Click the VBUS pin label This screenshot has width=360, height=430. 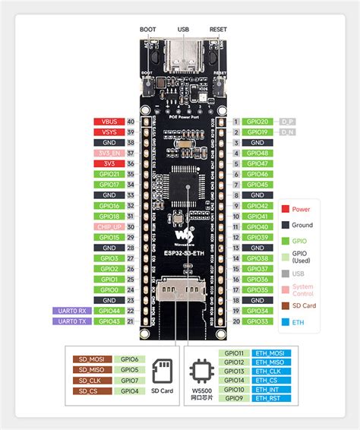point(103,121)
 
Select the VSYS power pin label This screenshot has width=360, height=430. point(103,131)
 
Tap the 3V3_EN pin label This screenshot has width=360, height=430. point(103,153)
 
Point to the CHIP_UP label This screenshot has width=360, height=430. point(103,226)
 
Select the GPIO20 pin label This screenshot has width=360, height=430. point(257,121)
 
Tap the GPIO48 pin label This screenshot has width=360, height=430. point(257,153)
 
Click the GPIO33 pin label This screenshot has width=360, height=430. point(257,321)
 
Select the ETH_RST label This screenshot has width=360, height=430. point(273,397)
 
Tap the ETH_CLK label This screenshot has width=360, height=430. point(273,371)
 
